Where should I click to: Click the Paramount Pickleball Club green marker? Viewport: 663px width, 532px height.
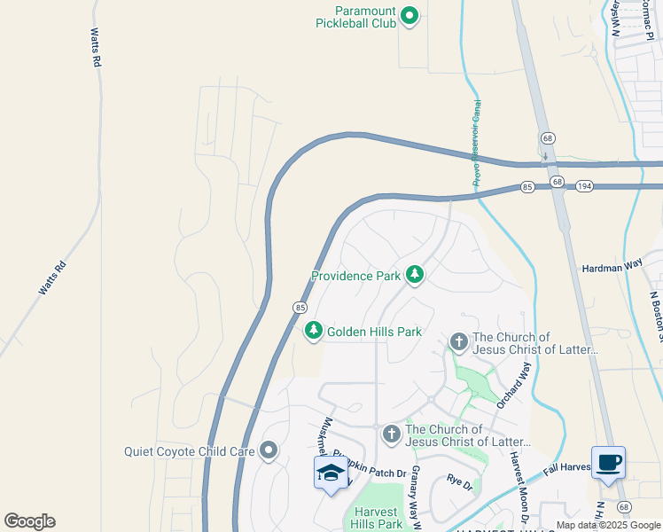pos(409,15)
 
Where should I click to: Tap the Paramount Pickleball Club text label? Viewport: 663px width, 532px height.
pos(355,17)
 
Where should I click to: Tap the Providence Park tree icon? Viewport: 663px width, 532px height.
pos(414,276)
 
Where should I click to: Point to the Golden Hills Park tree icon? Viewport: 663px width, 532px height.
pos(313,332)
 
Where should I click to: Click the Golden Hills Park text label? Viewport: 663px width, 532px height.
pos(374,332)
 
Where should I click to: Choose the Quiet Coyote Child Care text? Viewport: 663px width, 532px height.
pos(190,451)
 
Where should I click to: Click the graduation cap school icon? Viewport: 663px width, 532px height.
pos(331,473)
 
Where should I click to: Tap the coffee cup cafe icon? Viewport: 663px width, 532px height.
pos(608,463)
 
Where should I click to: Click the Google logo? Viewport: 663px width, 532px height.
pos(29,521)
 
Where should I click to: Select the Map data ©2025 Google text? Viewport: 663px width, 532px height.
pos(607,525)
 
